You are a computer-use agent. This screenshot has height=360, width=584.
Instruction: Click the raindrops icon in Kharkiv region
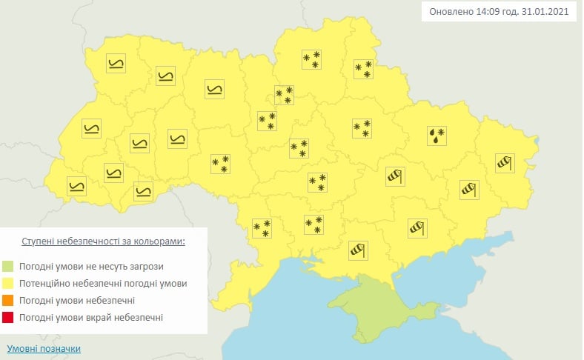(x=437, y=134)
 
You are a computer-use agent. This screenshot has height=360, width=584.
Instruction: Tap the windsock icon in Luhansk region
(x=505, y=161)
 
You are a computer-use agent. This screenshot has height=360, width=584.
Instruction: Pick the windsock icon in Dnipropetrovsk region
(x=396, y=176)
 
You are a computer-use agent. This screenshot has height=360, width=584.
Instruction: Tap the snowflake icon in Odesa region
(x=262, y=229)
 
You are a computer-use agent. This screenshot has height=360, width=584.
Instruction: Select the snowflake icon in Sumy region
(x=362, y=70)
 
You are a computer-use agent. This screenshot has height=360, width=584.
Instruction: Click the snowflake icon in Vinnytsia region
(x=220, y=164)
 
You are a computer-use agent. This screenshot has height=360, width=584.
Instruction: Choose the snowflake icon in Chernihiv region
(x=311, y=60)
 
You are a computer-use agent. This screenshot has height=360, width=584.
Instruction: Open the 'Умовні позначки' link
(x=43, y=348)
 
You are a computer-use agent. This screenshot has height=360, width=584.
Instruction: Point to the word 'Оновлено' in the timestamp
(x=452, y=12)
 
